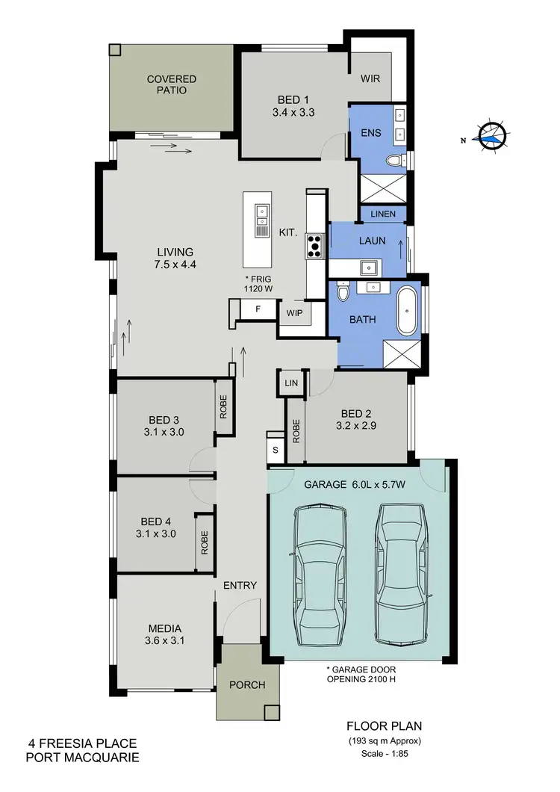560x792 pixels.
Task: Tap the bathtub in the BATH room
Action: coord(408,309)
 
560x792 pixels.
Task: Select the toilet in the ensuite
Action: coord(393,161)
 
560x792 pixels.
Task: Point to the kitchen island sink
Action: coord(261,217)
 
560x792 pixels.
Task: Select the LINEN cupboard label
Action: coord(383,214)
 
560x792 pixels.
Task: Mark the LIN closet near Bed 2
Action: coord(290,383)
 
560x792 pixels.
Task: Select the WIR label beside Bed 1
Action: coord(371,78)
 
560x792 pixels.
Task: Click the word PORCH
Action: coord(246,685)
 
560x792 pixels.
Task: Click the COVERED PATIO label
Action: coord(172,84)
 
